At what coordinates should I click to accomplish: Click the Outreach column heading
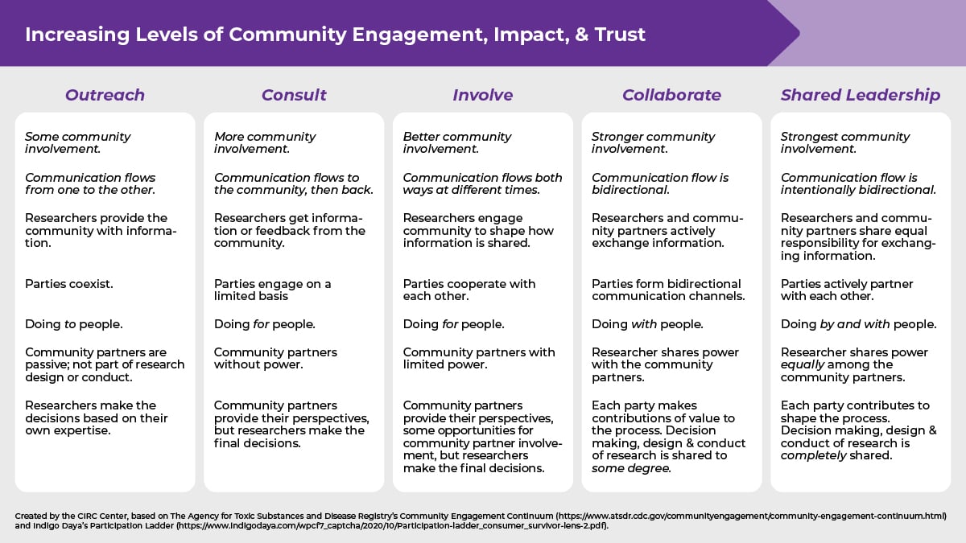tap(105, 95)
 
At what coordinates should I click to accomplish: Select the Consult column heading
tap(294, 95)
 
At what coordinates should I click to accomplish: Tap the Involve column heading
tap(482, 95)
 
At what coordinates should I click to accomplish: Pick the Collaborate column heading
tap(671, 95)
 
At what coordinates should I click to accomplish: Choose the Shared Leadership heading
tap(860, 95)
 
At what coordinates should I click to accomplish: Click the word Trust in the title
tap(619, 35)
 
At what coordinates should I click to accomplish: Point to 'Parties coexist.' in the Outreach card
tap(69, 284)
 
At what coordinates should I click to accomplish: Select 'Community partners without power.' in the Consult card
tap(275, 358)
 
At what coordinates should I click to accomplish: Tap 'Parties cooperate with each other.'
tap(469, 290)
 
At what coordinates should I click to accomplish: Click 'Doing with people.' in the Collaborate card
tap(647, 324)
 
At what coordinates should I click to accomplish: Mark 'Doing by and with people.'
tap(858, 324)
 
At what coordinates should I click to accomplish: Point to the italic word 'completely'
tap(812, 455)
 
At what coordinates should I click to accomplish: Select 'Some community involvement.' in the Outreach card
tap(77, 142)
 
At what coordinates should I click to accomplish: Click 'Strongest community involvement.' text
tap(844, 142)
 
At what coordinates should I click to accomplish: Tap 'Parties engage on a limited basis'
tap(272, 290)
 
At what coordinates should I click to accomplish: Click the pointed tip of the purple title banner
tap(798, 33)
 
